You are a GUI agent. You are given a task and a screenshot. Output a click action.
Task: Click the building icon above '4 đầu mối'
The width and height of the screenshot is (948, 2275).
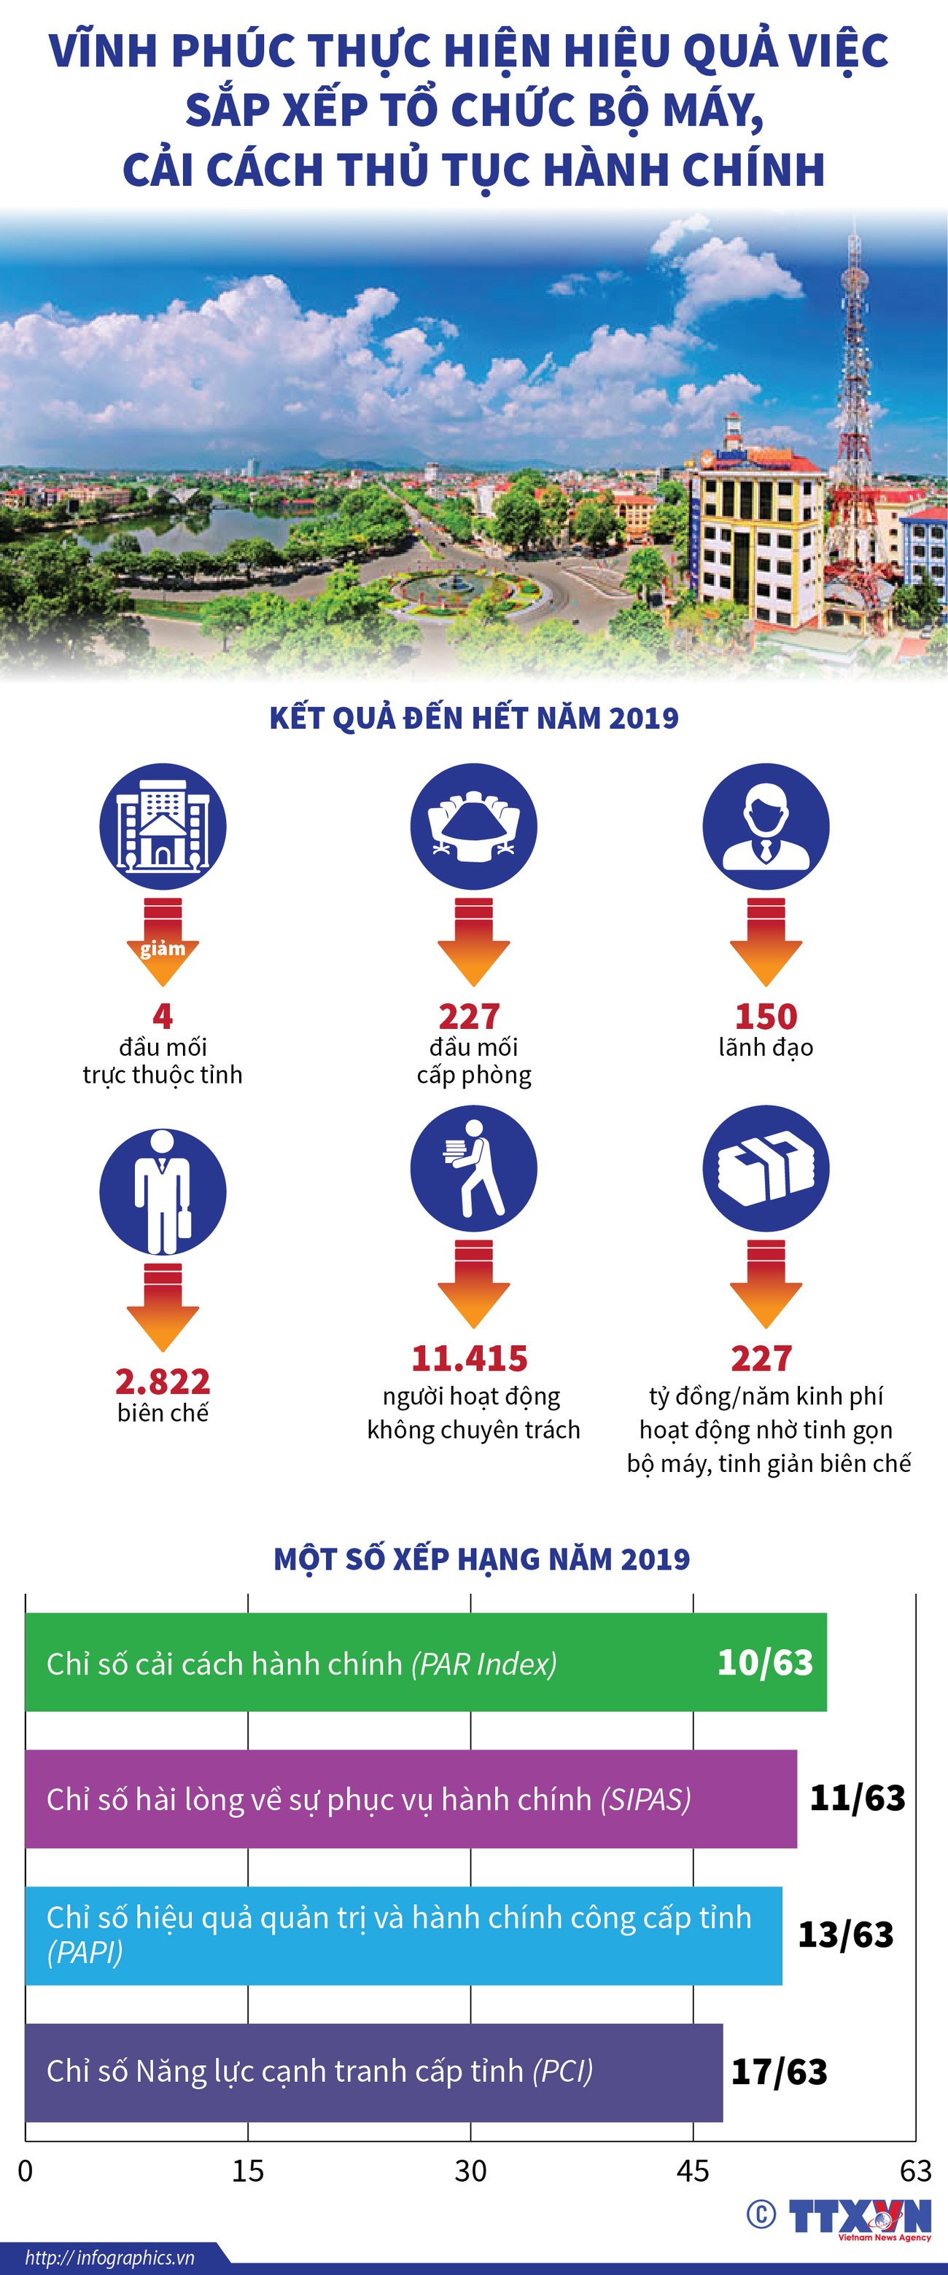pyautogui.click(x=163, y=826)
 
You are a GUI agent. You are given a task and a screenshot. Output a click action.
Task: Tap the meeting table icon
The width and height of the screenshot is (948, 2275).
pyautogui.click(x=473, y=826)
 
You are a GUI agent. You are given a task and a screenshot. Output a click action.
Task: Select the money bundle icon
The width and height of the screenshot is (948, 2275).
pyautogui.click(x=766, y=1167)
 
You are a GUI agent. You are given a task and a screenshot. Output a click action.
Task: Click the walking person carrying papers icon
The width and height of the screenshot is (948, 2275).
pyautogui.click(x=473, y=1167)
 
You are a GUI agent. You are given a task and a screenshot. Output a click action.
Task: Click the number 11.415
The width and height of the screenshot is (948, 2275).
pyautogui.click(x=469, y=1358)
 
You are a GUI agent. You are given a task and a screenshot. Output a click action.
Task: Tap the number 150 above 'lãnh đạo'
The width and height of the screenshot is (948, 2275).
pyautogui.click(x=766, y=1017)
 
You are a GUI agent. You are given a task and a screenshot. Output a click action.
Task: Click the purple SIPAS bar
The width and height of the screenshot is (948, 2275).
pyautogui.click(x=411, y=1799)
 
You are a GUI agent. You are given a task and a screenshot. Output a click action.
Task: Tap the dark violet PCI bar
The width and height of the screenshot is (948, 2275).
pyautogui.click(x=373, y=2071)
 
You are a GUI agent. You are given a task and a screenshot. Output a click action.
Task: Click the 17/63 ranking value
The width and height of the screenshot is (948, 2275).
pyautogui.click(x=780, y=2072)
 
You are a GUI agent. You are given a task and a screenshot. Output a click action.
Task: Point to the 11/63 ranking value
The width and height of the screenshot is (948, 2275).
pyautogui.click(x=858, y=1798)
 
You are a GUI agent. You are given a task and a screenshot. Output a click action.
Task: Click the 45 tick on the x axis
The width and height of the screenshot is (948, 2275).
pyautogui.click(x=693, y=2170)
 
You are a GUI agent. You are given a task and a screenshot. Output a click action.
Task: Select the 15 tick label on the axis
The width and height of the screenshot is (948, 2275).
pyautogui.click(x=247, y=2170)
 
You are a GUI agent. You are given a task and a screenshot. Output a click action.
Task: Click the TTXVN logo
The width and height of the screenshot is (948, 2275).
pyautogui.click(x=859, y=2217)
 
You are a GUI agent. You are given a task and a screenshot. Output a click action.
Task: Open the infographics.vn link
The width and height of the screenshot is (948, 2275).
pyautogui.click(x=109, y=2258)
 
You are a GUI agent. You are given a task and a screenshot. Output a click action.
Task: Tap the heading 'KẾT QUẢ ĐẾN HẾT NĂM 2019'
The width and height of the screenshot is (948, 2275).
pyautogui.click(x=473, y=718)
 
